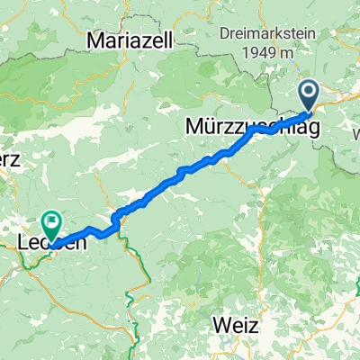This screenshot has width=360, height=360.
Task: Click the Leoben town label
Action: (52, 242)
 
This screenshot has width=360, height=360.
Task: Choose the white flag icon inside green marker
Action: (52, 219)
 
